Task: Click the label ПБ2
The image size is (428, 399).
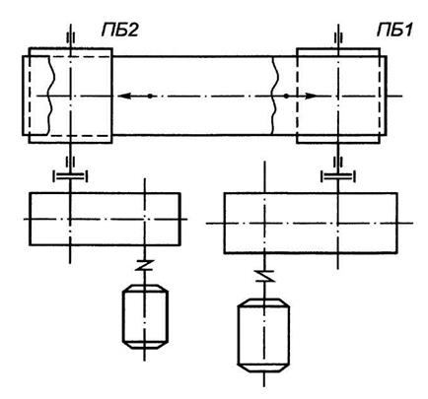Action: click(x=119, y=31)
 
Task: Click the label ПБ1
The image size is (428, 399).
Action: click(x=394, y=31)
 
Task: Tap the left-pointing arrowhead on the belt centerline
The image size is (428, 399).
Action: click(x=124, y=97)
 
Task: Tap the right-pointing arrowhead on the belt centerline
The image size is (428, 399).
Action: click(x=311, y=97)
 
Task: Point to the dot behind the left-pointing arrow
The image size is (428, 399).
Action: click(x=150, y=97)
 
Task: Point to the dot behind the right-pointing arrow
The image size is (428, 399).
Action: click(x=286, y=97)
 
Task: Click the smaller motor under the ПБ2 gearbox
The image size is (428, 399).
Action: click(x=145, y=316)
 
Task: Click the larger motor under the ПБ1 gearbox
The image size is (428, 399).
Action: click(x=263, y=335)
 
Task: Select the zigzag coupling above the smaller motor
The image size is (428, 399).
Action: click(x=145, y=265)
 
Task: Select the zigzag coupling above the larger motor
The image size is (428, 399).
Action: click(x=264, y=276)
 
